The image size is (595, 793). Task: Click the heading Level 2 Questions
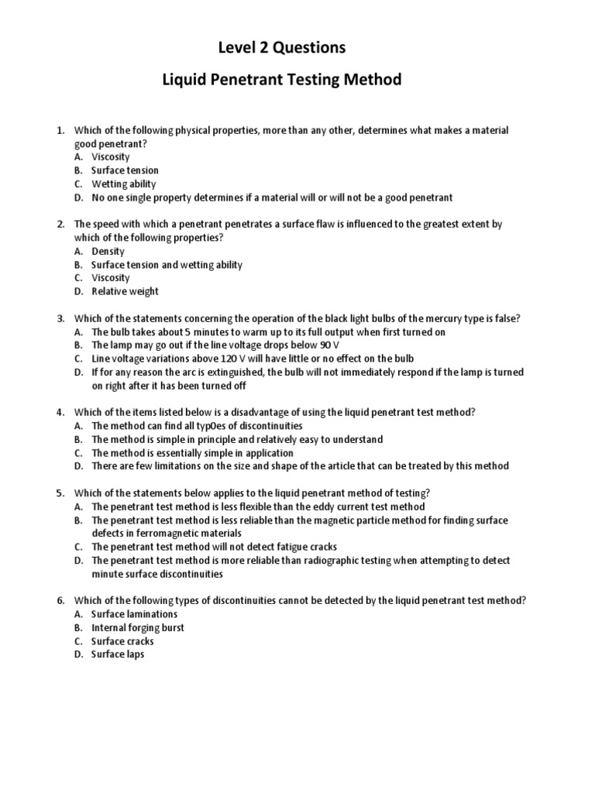(x=281, y=48)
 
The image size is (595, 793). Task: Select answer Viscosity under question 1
(x=111, y=157)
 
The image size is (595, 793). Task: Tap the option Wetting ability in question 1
(x=123, y=184)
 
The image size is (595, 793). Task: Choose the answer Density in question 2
(x=108, y=252)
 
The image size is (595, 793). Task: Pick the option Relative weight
(x=125, y=292)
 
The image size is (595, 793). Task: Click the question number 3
(x=60, y=318)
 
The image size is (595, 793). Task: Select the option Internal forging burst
(x=138, y=628)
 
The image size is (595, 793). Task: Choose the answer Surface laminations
(x=134, y=614)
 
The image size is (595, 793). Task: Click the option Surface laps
(x=118, y=654)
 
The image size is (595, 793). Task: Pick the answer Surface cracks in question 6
(x=122, y=641)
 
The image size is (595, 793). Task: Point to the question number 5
(x=60, y=493)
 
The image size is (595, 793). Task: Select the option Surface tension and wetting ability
(x=167, y=265)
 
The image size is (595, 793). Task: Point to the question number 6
(x=60, y=601)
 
